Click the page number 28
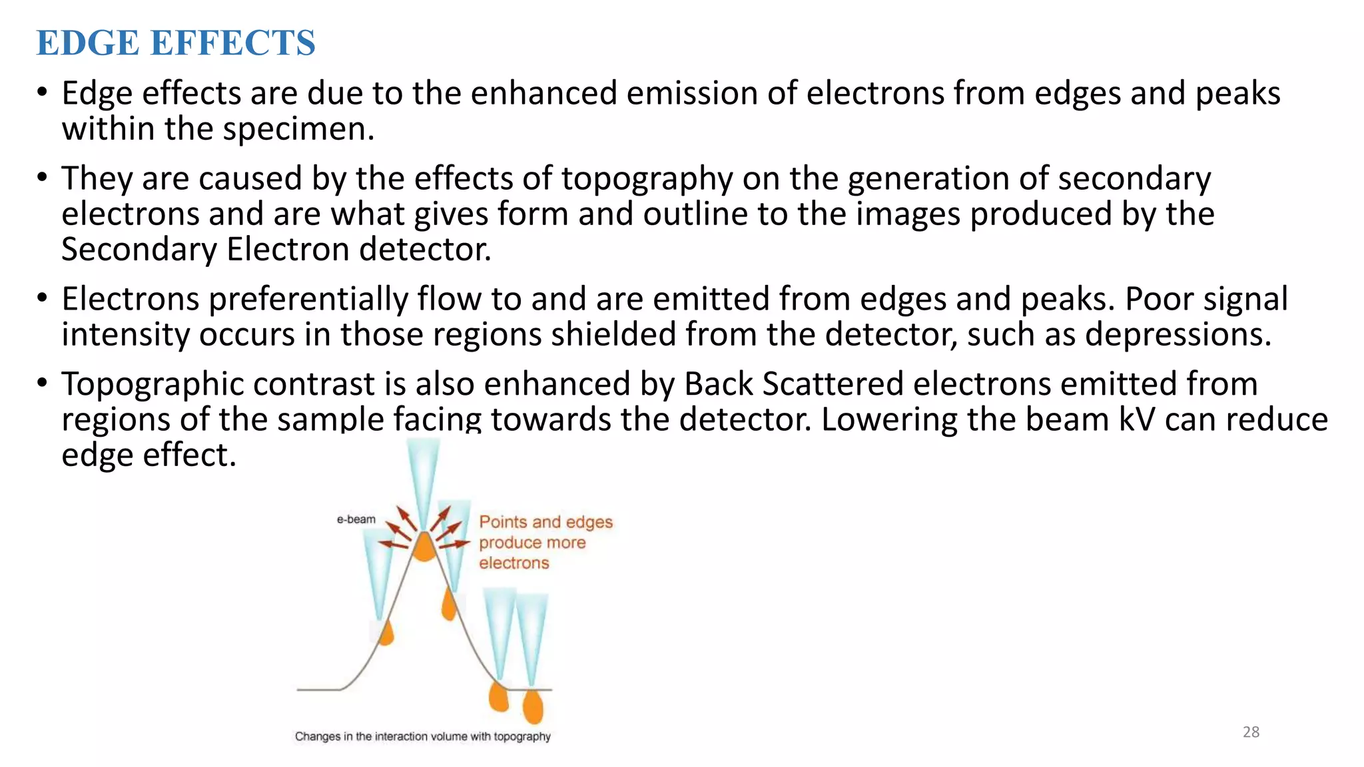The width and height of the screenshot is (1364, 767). (x=1251, y=732)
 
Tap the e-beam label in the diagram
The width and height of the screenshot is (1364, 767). (x=356, y=519)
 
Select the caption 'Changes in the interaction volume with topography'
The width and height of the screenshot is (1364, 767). (x=422, y=736)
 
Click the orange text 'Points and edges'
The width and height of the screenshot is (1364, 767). (x=545, y=522)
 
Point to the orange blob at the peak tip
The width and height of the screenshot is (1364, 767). (x=424, y=547)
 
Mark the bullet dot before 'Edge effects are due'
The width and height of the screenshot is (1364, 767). (x=43, y=93)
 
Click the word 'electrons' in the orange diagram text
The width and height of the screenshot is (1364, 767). (x=514, y=563)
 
